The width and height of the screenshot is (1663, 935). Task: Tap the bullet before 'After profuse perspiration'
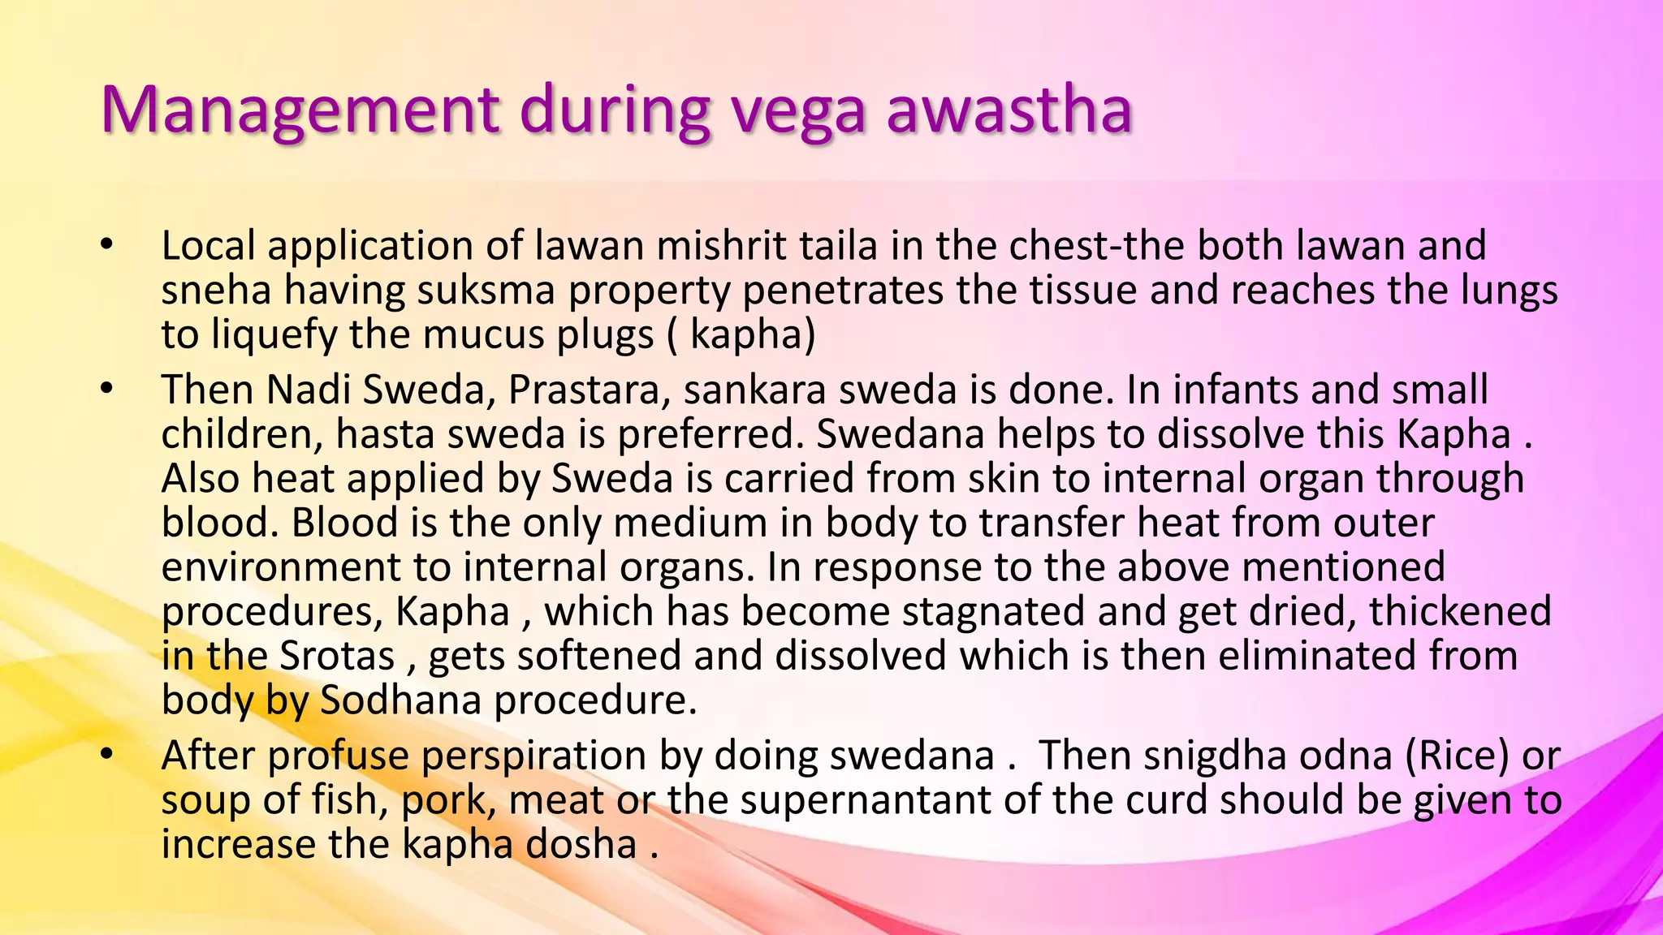pos(106,755)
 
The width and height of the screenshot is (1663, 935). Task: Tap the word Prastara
pos(590,390)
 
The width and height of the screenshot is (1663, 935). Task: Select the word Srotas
pos(337,655)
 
